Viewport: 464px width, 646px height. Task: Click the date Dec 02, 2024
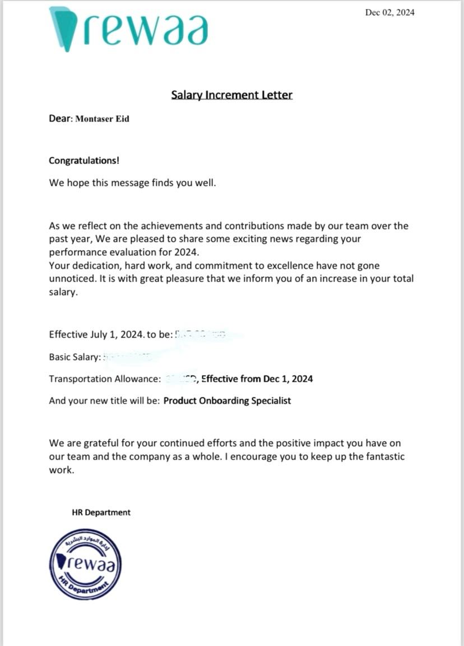(x=389, y=12)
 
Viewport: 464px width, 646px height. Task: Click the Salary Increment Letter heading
(x=231, y=95)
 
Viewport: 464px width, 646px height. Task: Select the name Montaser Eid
(x=103, y=119)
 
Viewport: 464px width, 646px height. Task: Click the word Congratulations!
(x=84, y=161)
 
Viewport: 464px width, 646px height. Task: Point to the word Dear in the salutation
(x=60, y=119)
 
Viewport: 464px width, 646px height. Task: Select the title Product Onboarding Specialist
(x=227, y=401)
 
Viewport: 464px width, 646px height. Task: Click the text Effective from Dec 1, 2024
(x=257, y=379)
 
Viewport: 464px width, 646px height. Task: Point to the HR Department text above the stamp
(x=101, y=512)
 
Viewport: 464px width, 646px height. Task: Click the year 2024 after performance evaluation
(x=187, y=252)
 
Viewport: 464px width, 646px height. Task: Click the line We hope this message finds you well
(x=132, y=183)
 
